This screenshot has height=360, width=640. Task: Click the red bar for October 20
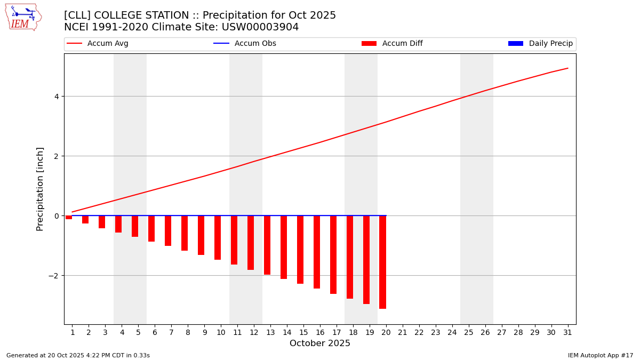pyautogui.click(x=382, y=262)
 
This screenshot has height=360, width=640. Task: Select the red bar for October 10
pyautogui.click(x=218, y=238)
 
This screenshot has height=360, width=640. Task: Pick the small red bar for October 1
pyautogui.click(x=69, y=218)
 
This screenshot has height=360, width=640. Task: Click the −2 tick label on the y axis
pyautogui.click(x=53, y=276)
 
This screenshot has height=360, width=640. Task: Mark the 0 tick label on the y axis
pyautogui.click(x=55, y=216)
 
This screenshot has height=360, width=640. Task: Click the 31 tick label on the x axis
pyautogui.click(x=567, y=333)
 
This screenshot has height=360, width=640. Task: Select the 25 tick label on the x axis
pyautogui.click(x=468, y=333)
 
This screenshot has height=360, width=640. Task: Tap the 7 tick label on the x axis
pyautogui.click(x=171, y=333)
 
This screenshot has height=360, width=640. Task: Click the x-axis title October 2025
pyautogui.click(x=320, y=343)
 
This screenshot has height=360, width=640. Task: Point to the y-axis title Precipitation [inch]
pyautogui.click(x=40, y=189)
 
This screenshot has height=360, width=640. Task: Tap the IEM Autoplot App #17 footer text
pyautogui.click(x=600, y=355)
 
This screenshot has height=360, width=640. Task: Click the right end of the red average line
pyautogui.click(x=567, y=68)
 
